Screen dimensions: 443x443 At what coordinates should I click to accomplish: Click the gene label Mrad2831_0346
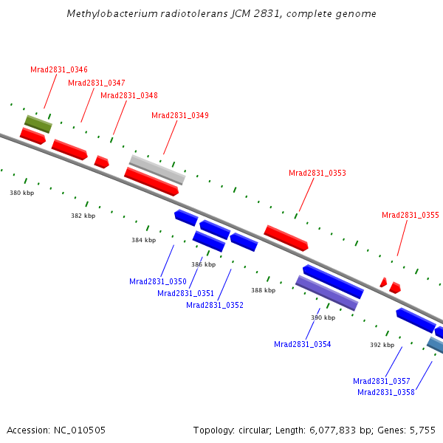(59, 69)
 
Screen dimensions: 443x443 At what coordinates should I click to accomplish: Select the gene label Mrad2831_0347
(97, 83)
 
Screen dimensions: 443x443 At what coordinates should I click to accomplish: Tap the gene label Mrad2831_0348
(129, 95)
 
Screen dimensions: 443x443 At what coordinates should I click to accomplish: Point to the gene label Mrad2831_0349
(180, 115)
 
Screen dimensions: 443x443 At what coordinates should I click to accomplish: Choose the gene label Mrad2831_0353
(317, 173)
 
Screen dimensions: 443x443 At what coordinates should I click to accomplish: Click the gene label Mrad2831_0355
(411, 216)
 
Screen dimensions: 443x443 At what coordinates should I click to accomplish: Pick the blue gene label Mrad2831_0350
(158, 281)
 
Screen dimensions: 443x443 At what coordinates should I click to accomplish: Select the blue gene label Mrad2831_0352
(215, 305)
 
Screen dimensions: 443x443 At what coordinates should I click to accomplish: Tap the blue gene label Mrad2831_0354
(303, 344)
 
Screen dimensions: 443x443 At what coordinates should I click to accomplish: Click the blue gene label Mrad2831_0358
(386, 392)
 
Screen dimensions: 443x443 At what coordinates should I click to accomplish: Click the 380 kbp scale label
(22, 193)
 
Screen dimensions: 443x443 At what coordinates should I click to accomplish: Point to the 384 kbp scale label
(144, 240)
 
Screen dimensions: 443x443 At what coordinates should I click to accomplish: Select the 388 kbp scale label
(263, 290)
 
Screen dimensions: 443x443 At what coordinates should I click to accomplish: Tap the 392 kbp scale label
(382, 345)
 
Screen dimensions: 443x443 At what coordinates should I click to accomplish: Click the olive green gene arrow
(38, 123)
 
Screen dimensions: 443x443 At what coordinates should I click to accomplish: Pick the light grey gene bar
(157, 169)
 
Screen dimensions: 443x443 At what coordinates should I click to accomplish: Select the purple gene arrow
(326, 292)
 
